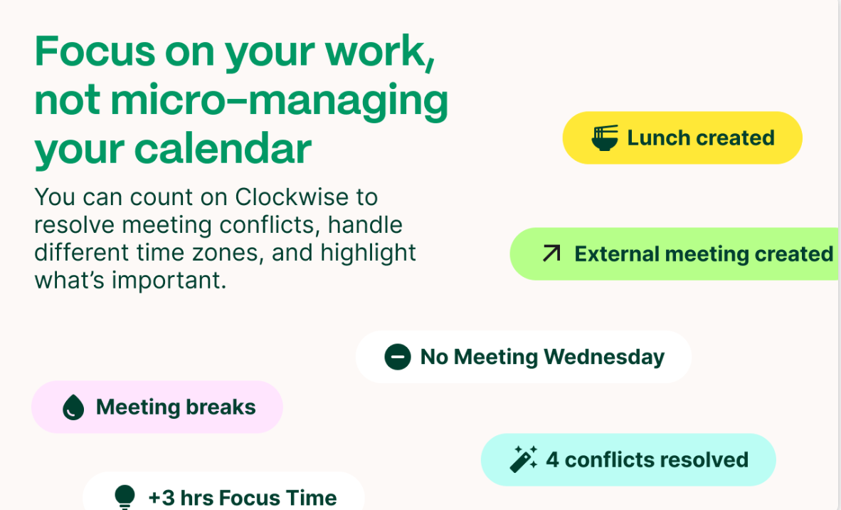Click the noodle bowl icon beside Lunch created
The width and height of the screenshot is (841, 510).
click(605, 138)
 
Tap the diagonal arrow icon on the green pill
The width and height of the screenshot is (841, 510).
click(551, 254)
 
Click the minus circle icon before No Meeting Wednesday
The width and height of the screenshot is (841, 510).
click(398, 357)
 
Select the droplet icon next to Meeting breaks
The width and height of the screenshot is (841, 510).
click(73, 407)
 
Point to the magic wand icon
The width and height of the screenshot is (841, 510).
click(523, 459)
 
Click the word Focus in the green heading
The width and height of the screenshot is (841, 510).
click(95, 51)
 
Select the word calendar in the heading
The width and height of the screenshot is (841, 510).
click(223, 149)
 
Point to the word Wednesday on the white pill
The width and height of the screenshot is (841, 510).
click(604, 357)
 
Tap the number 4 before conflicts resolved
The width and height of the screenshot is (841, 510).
click(552, 460)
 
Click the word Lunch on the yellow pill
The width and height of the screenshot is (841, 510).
click(658, 138)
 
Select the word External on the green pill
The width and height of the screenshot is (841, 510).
click(616, 254)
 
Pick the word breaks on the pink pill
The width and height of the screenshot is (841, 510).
click(221, 407)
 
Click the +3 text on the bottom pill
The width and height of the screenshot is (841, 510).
click(162, 498)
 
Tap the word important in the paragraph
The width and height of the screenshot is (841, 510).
click(169, 280)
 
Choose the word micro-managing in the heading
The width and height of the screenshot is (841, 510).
click(280, 101)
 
